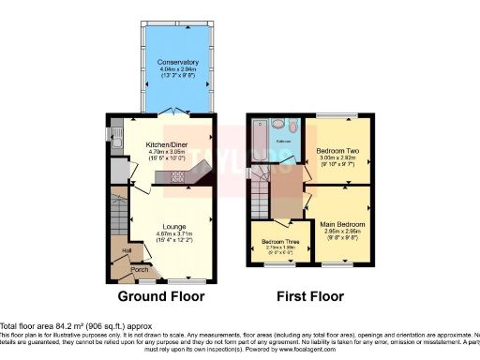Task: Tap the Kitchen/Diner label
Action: (165, 143)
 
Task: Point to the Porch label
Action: (139, 270)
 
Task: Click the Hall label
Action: (126, 249)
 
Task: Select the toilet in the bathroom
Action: (293, 125)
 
